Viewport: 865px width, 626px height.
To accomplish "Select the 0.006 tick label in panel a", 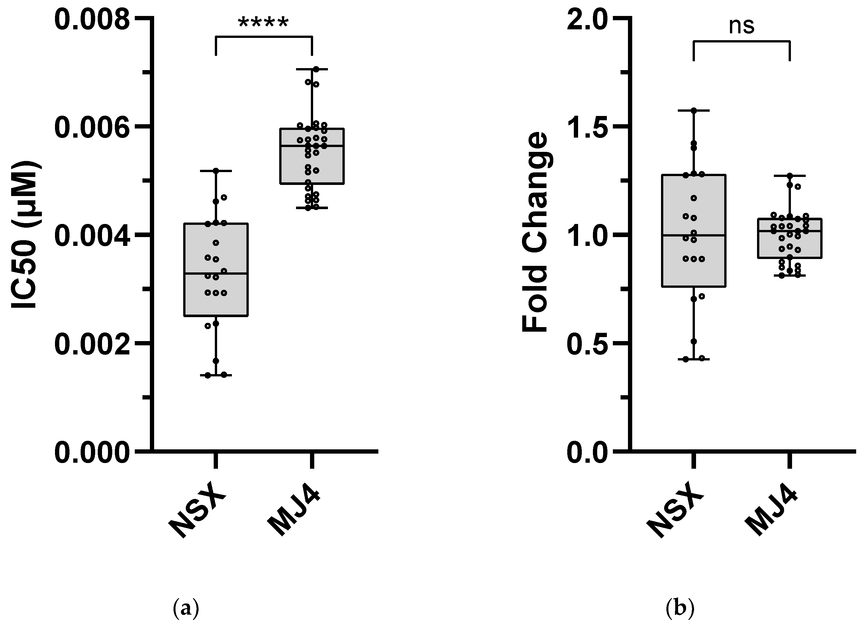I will [x=92, y=128].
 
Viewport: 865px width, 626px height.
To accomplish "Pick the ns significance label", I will [x=741, y=26].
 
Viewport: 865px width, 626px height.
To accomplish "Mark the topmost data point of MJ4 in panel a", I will [x=316, y=69].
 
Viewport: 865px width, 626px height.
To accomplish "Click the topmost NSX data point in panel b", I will [x=694, y=111].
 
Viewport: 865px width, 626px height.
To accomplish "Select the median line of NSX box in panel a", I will [x=216, y=274].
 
